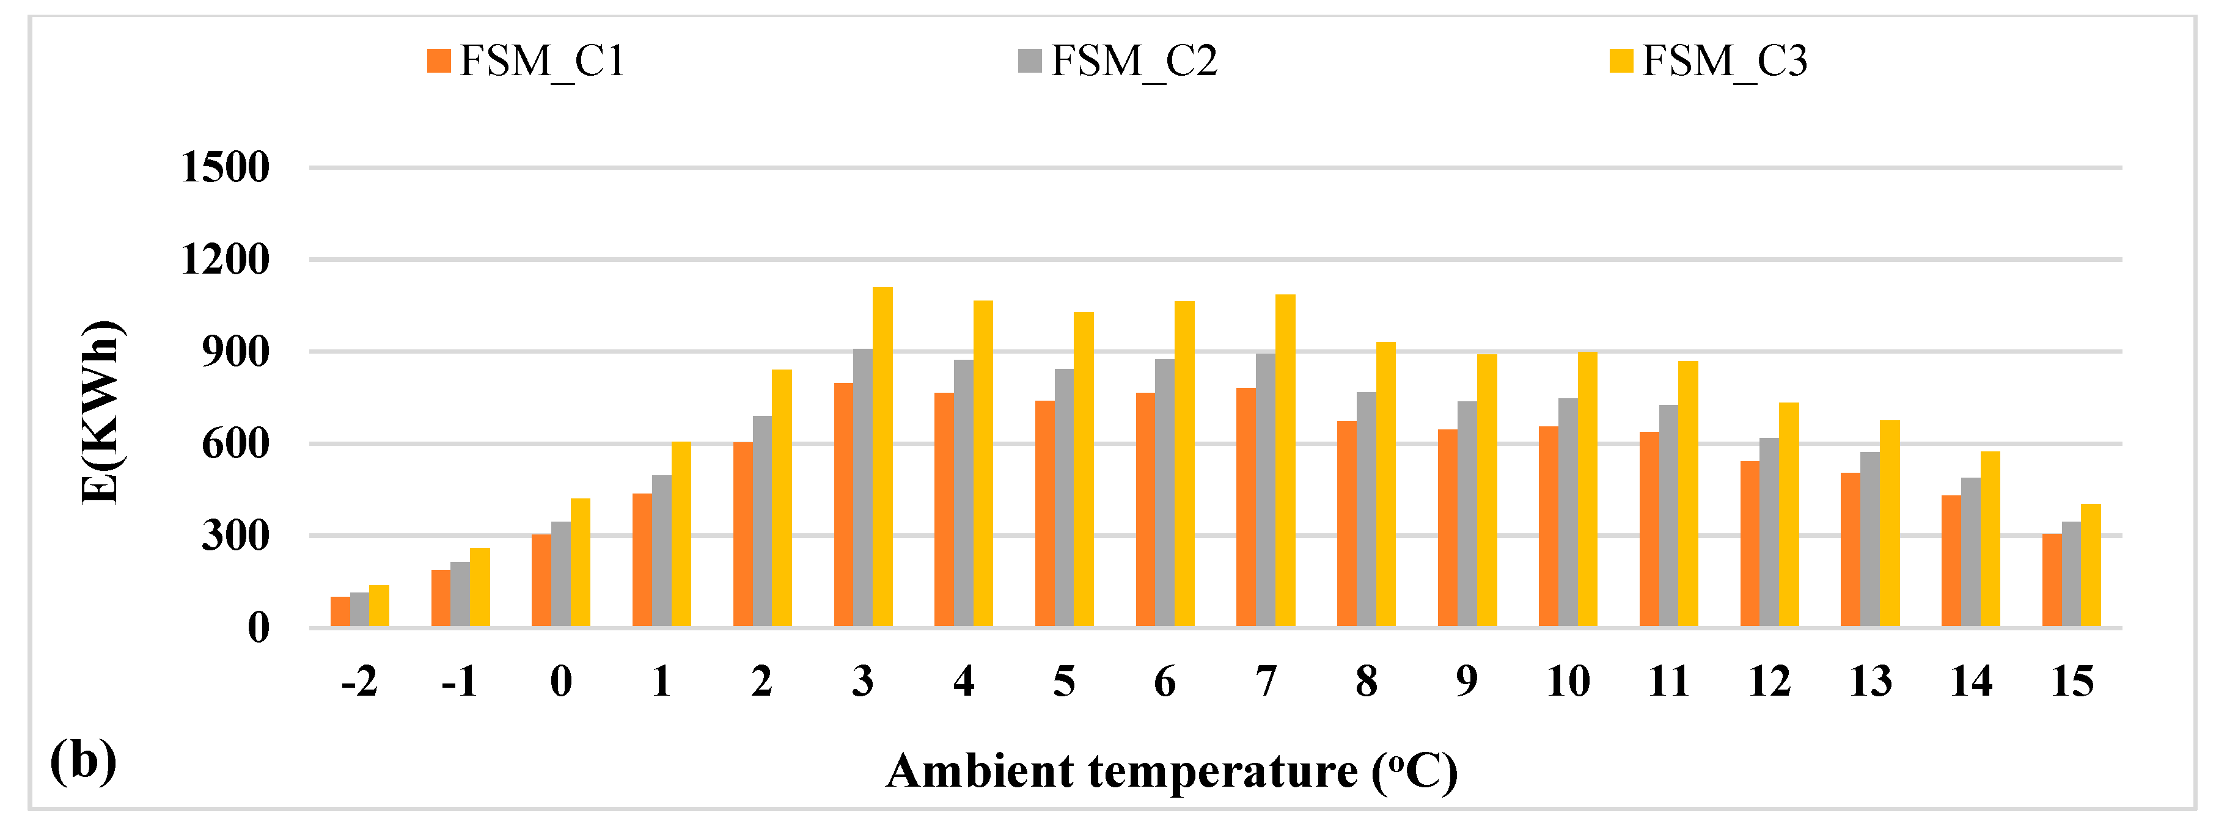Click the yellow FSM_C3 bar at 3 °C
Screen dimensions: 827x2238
pyautogui.click(x=882, y=458)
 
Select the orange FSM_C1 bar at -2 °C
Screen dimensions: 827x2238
pyautogui.click(x=340, y=613)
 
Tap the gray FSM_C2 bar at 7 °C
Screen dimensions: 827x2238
pyautogui.click(x=1265, y=491)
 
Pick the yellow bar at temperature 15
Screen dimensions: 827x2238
pyautogui.click(x=2090, y=566)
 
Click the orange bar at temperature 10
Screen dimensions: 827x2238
pyautogui.click(x=1547, y=527)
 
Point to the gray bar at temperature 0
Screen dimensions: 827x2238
pyautogui.click(x=560, y=575)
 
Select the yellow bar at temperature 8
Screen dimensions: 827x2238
pyautogui.click(x=1385, y=486)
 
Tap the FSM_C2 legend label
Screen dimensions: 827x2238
pyautogui.click(x=1134, y=62)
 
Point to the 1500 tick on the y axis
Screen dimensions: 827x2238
pyautogui.click(x=225, y=167)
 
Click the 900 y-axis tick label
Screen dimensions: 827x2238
pyautogui.click(x=235, y=352)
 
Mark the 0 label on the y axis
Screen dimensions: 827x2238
pyautogui.click(x=258, y=628)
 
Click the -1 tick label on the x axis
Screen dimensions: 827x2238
pyautogui.click(x=460, y=682)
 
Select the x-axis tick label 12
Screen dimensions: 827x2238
pyautogui.click(x=1769, y=682)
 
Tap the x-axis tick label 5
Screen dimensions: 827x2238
pyautogui.click(x=1063, y=682)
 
